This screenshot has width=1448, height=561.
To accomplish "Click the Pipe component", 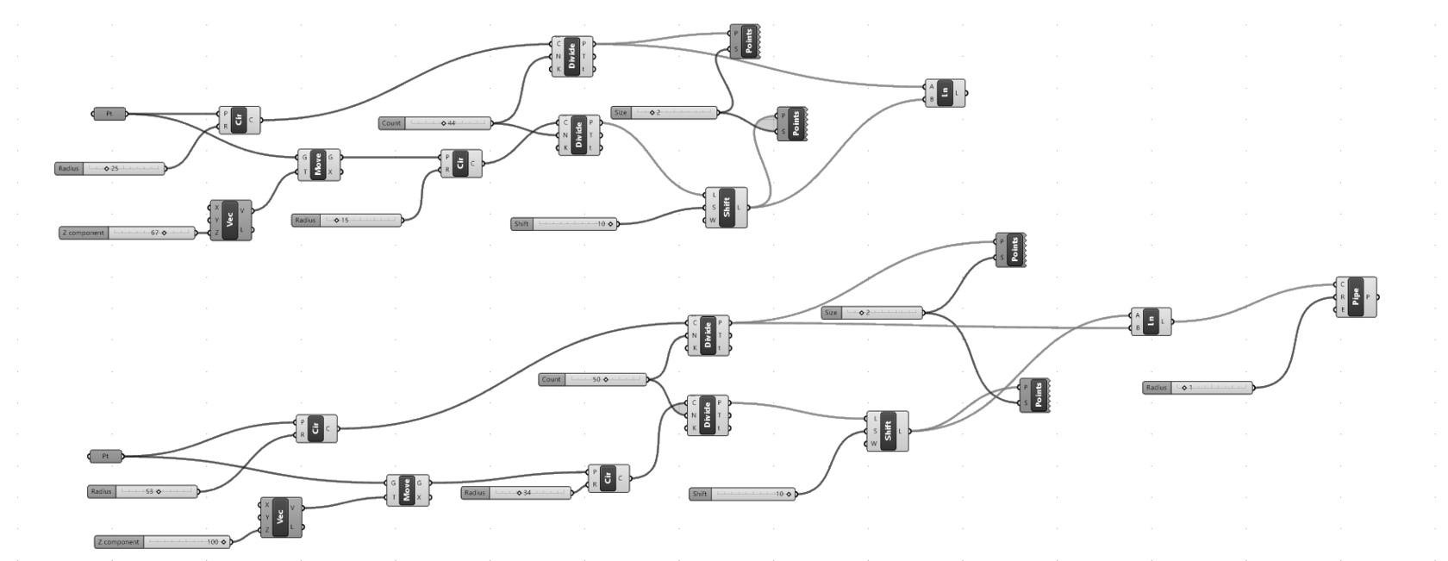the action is pos(1356,297).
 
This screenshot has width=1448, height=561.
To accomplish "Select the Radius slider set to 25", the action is pos(109,168).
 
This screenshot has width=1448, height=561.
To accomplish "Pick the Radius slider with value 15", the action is pos(346,221).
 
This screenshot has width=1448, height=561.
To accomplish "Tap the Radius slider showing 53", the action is pos(142,491).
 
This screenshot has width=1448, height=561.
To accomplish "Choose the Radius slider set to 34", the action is pos(515,493).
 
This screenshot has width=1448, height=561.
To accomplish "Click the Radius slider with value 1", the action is pos(1198,388).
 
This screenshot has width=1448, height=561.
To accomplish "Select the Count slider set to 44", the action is pos(434,123).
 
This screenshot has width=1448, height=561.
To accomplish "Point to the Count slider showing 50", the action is pos(593,379).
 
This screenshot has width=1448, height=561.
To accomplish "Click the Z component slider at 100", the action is pos(163,542).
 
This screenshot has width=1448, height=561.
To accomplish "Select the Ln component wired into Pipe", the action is pos(1151,321).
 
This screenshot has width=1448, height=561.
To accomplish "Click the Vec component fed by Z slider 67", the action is pos(230,221).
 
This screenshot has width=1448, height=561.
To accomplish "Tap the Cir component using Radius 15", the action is pos(461,164).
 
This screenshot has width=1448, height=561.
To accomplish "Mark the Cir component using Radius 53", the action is pos(316,429).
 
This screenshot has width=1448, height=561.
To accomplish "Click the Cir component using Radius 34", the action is pos(609,479).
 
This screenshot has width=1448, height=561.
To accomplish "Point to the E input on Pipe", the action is pos(1343,310).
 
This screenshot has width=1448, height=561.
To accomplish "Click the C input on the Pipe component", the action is pos(1343,284).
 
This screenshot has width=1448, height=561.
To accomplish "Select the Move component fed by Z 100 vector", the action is pos(407,490).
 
